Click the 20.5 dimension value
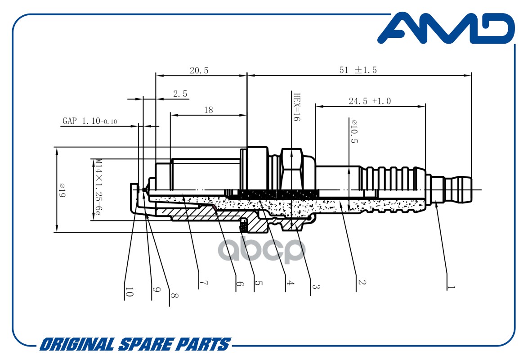[x=199, y=71]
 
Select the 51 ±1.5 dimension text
[x=358, y=70]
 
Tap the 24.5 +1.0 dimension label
[x=370, y=101]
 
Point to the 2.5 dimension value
[x=180, y=94]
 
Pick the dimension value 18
[x=208, y=110]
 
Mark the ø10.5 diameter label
[x=354, y=131]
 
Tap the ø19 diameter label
[x=62, y=190]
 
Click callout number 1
[x=451, y=288]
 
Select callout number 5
[x=259, y=283]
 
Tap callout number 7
[x=203, y=283]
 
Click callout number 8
[x=174, y=296]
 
